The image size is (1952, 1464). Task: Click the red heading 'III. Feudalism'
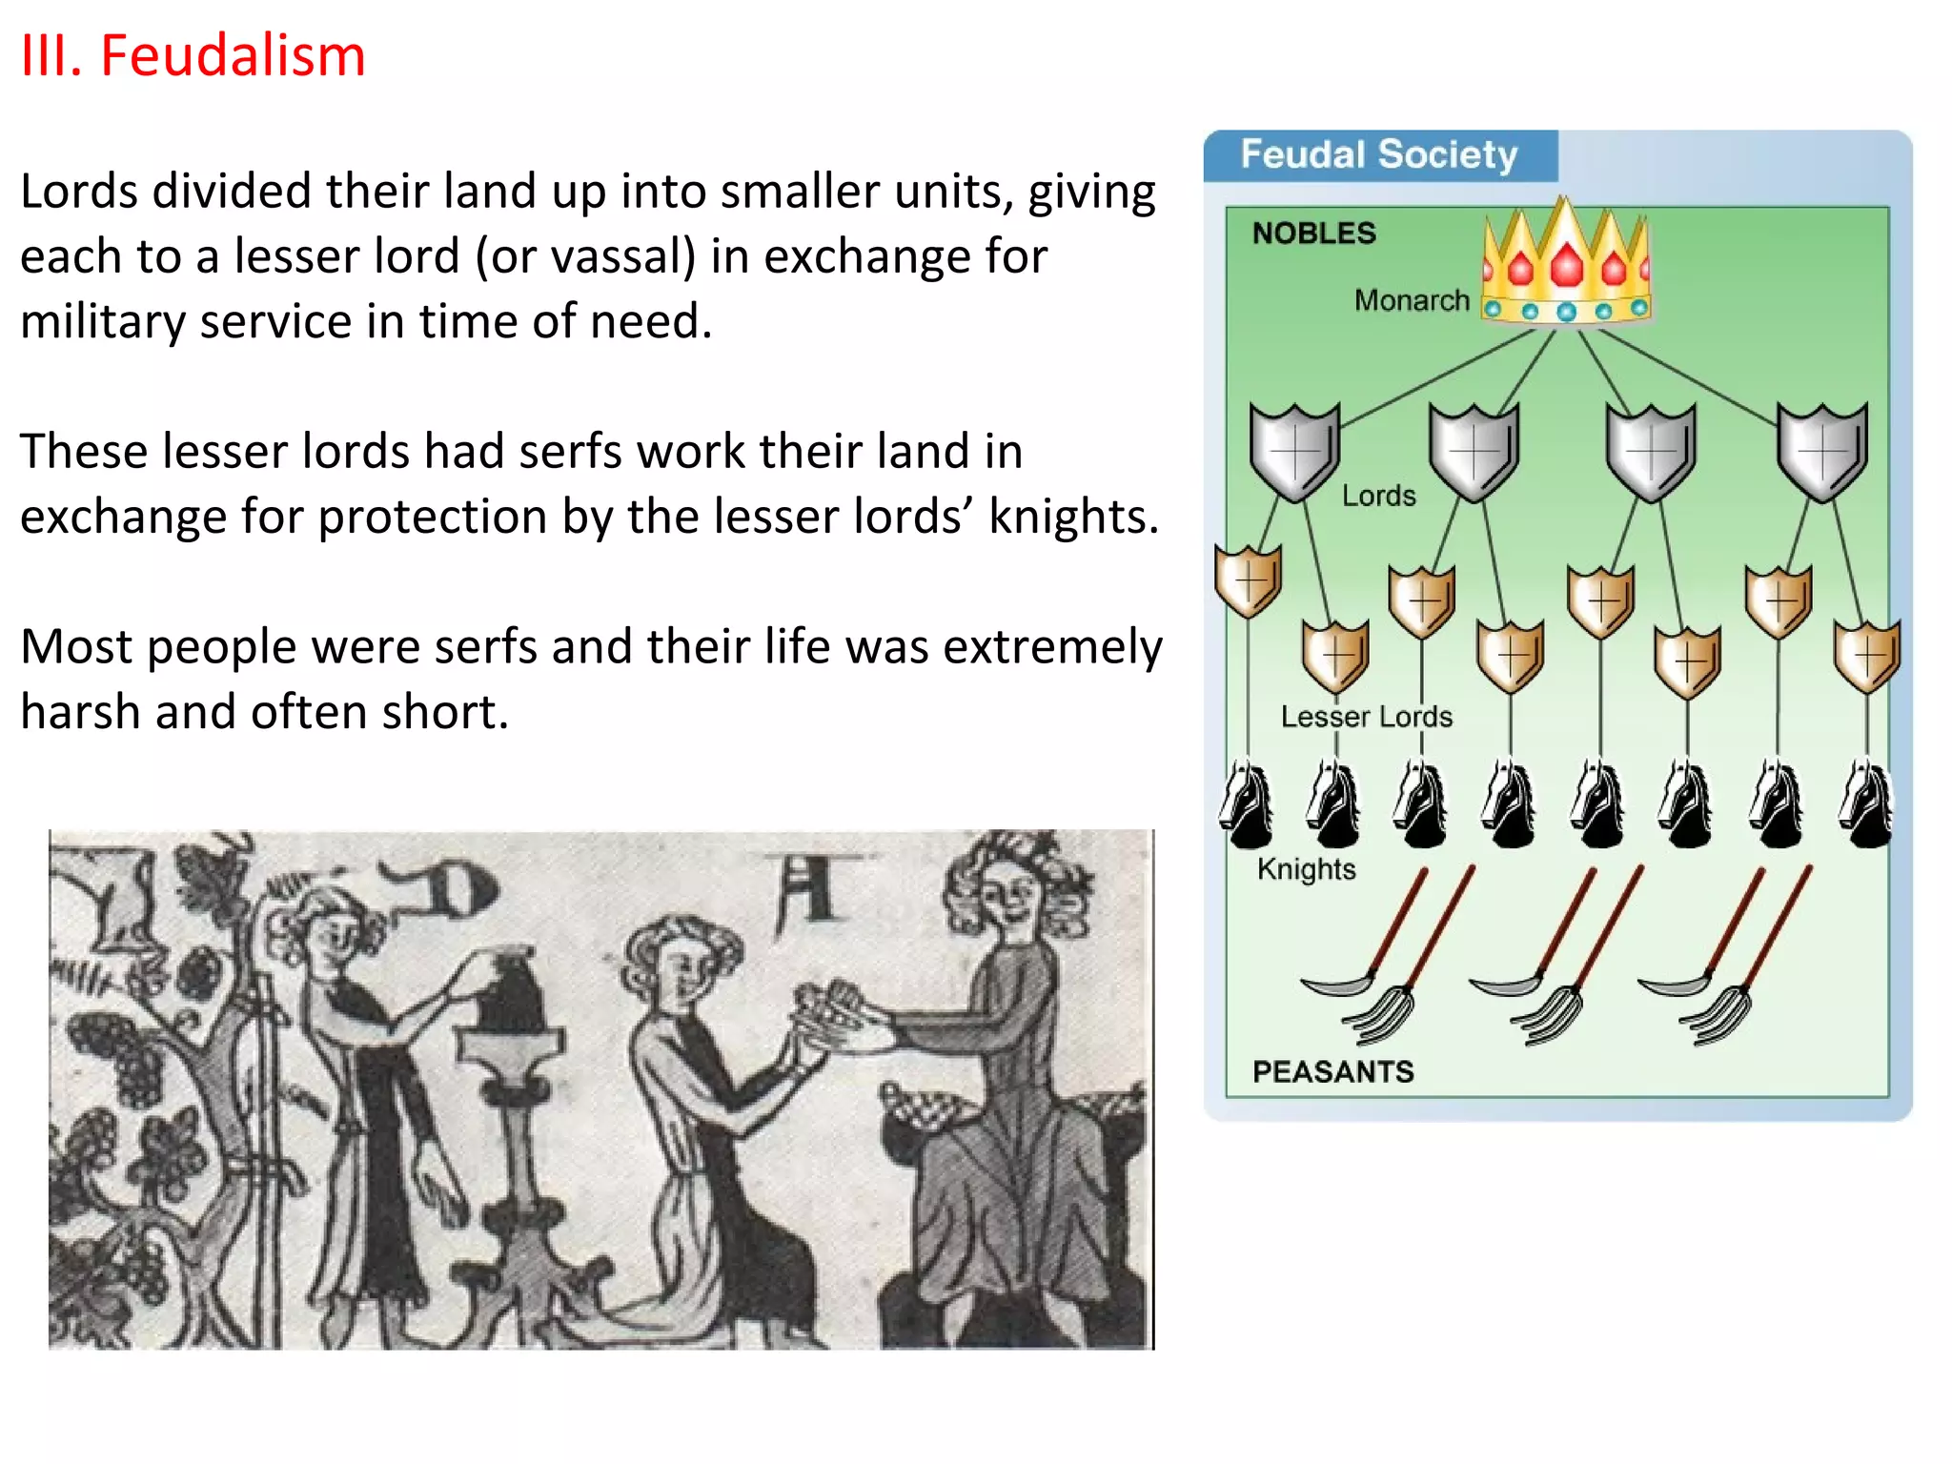[193, 55]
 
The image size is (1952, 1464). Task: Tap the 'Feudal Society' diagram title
[1378, 154]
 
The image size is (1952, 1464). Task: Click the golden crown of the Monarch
[1566, 263]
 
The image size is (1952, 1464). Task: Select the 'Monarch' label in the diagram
[1412, 300]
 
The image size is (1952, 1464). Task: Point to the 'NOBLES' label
[1313, 234]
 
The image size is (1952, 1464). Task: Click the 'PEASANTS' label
[1332, 1071]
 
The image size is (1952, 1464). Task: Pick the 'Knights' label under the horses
[1306, 869]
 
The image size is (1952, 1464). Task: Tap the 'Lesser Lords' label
[1366, 717]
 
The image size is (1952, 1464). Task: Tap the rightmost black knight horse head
[1866, 804]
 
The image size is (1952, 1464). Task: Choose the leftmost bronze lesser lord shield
[1248, 580]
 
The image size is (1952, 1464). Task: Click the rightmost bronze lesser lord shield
[1867, 656]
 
